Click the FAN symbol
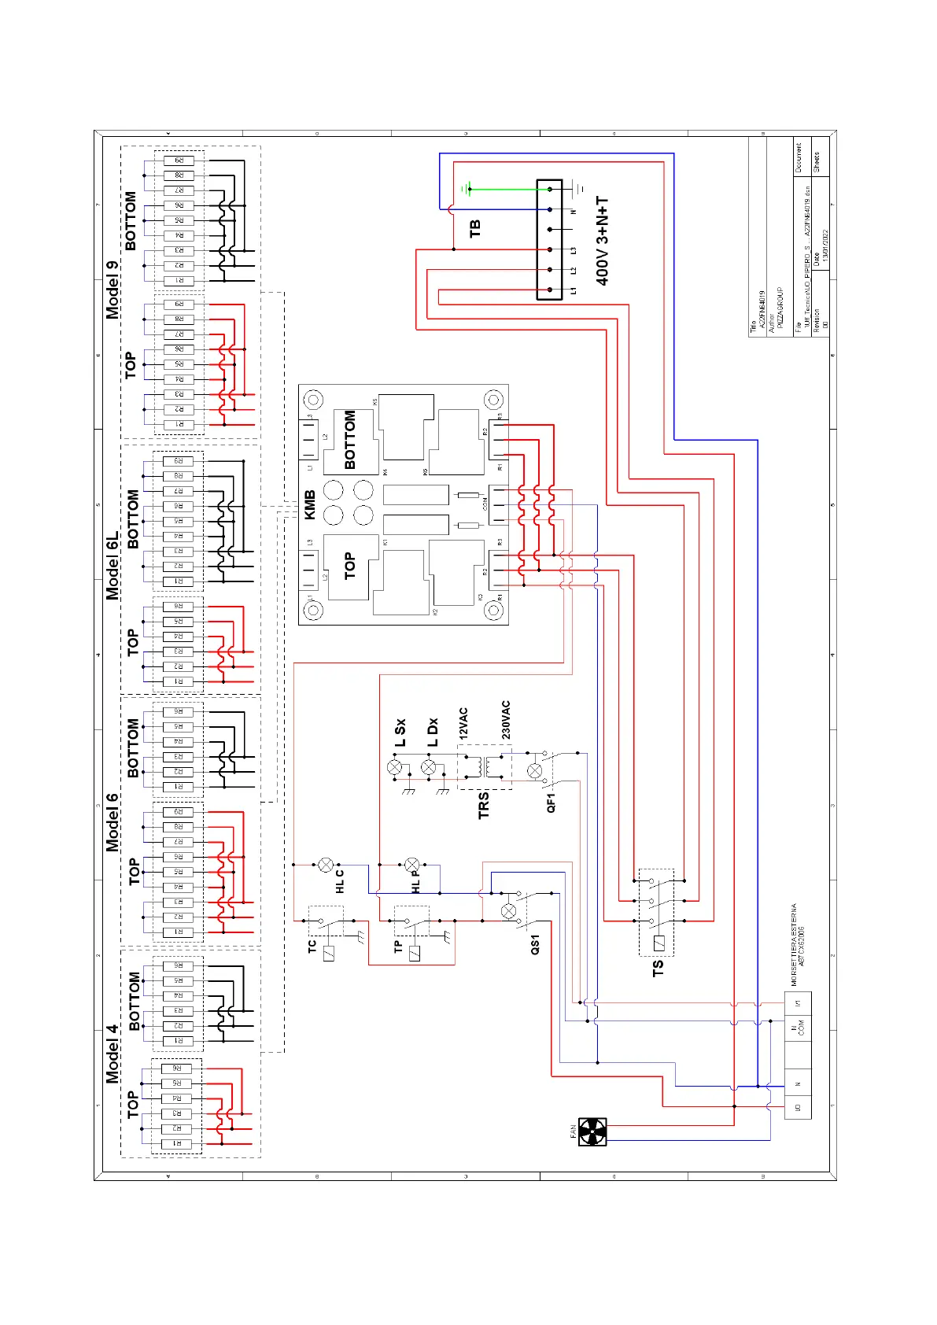pyautogui.click(x=592, y=1131)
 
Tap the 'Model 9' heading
pyautogui.click(x=113, y=290)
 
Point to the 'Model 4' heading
pyautogui.click(x=113, y=1053)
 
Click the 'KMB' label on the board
pyautogui.click(x=310, y=504)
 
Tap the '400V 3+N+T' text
pyautogui.click(x=603, y=241)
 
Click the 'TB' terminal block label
pyautogui.click(x=475, y=228)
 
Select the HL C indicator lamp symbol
pyautogui.click(x=326, y=865)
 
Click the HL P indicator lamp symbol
pyautogui.click(x=411, y=865)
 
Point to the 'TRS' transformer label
pyautogui.click(x=484, y=805)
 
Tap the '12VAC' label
pyautogui.click(x=463, y=722)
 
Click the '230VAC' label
pyautogui.click(x=506, y=720)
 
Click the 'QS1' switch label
pyautogui.click(x=535, y=944)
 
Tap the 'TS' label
pyautogui.click(x=658, y=968)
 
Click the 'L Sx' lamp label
pyautogui.click(x=400, y=732)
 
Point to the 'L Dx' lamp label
pyautogui.click(x=432, y=732)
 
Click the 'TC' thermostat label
pyautogui.click(x=312, y=946)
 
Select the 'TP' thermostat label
pyautogui.click(x=398, y=946)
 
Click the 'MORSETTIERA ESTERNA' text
pyautogui.click(x=795, y=944)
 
